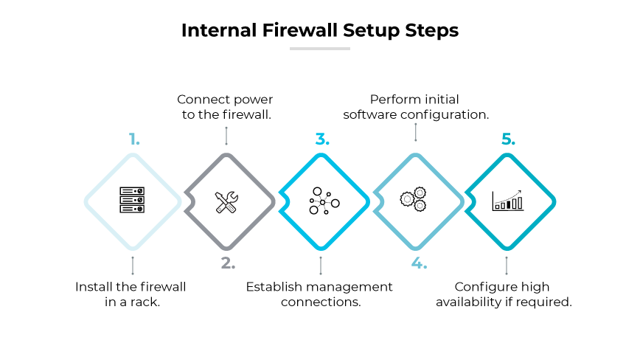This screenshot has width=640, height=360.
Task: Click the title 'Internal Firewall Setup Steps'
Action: [319, 30]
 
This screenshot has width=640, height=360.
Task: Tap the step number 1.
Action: [133, 139]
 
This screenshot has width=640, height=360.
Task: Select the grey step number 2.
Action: [227, 263]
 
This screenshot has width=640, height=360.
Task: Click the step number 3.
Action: [321, 139]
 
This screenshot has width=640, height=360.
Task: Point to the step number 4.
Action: [419, 263]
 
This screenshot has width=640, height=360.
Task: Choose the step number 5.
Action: [508, 139]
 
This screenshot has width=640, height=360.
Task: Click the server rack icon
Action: [133, 201]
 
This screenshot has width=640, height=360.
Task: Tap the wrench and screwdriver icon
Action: [226, 201]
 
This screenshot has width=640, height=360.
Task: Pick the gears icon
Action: [413, 199]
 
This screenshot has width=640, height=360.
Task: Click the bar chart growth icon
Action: [508, 200]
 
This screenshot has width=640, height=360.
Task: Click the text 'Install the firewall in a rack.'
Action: [131, 294]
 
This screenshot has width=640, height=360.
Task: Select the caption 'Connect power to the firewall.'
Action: [225, 107]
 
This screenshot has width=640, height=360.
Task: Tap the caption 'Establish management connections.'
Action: [319, 294]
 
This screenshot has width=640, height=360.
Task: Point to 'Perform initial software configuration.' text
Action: [416, 107]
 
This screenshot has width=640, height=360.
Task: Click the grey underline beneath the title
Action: [319, 49]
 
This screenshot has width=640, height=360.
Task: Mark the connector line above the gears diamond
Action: [416, 132]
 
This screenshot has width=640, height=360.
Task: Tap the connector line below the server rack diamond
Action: [133, 265]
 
